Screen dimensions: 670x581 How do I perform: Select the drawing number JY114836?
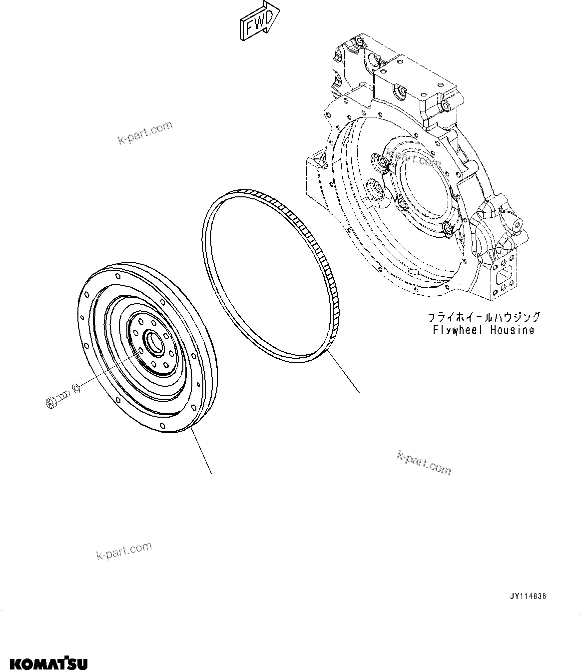pos(528,597)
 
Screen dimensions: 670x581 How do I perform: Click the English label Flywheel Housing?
pos(483,330)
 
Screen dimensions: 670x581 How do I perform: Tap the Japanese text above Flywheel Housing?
pos(483,317)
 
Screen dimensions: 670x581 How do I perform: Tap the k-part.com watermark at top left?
pos(145,133)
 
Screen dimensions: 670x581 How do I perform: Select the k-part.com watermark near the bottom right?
pos(424,462)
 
